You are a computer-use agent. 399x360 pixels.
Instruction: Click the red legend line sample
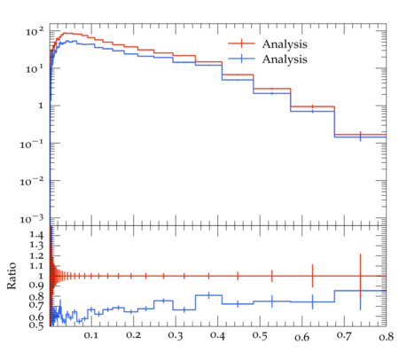[241, 43]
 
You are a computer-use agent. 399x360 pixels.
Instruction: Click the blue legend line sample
[241, 59]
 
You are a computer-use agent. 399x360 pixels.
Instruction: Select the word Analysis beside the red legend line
[285, 44]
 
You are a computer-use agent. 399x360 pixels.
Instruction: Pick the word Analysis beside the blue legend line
[285, 59]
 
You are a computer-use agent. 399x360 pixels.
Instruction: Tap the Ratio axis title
[12, 276]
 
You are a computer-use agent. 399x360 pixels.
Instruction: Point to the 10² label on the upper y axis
[35, 31]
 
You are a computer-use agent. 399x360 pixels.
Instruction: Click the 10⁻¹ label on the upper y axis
[32, 144]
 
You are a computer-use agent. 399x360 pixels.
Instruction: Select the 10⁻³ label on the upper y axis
[32, 219]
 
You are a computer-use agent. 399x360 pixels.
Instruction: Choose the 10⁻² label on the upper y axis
[32, 182]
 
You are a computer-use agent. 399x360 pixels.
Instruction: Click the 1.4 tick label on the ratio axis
[36, 235]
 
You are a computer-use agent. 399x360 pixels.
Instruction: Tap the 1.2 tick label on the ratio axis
[36, 255]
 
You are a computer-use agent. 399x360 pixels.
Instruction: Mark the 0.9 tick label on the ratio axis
[36, 286]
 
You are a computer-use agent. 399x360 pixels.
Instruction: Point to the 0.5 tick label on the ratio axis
[36, 325]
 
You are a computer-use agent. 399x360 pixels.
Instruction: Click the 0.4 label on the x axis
[217, 336]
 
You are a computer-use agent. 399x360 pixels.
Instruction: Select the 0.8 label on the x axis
[386, 337]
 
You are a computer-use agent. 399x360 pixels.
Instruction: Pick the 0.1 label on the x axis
[91, 335]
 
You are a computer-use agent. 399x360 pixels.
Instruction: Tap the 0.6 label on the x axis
[302, 337]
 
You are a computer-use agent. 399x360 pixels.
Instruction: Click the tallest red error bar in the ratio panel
[360, 276]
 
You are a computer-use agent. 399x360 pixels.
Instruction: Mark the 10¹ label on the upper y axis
[35, 69]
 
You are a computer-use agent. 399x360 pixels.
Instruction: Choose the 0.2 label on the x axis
[133, 335]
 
